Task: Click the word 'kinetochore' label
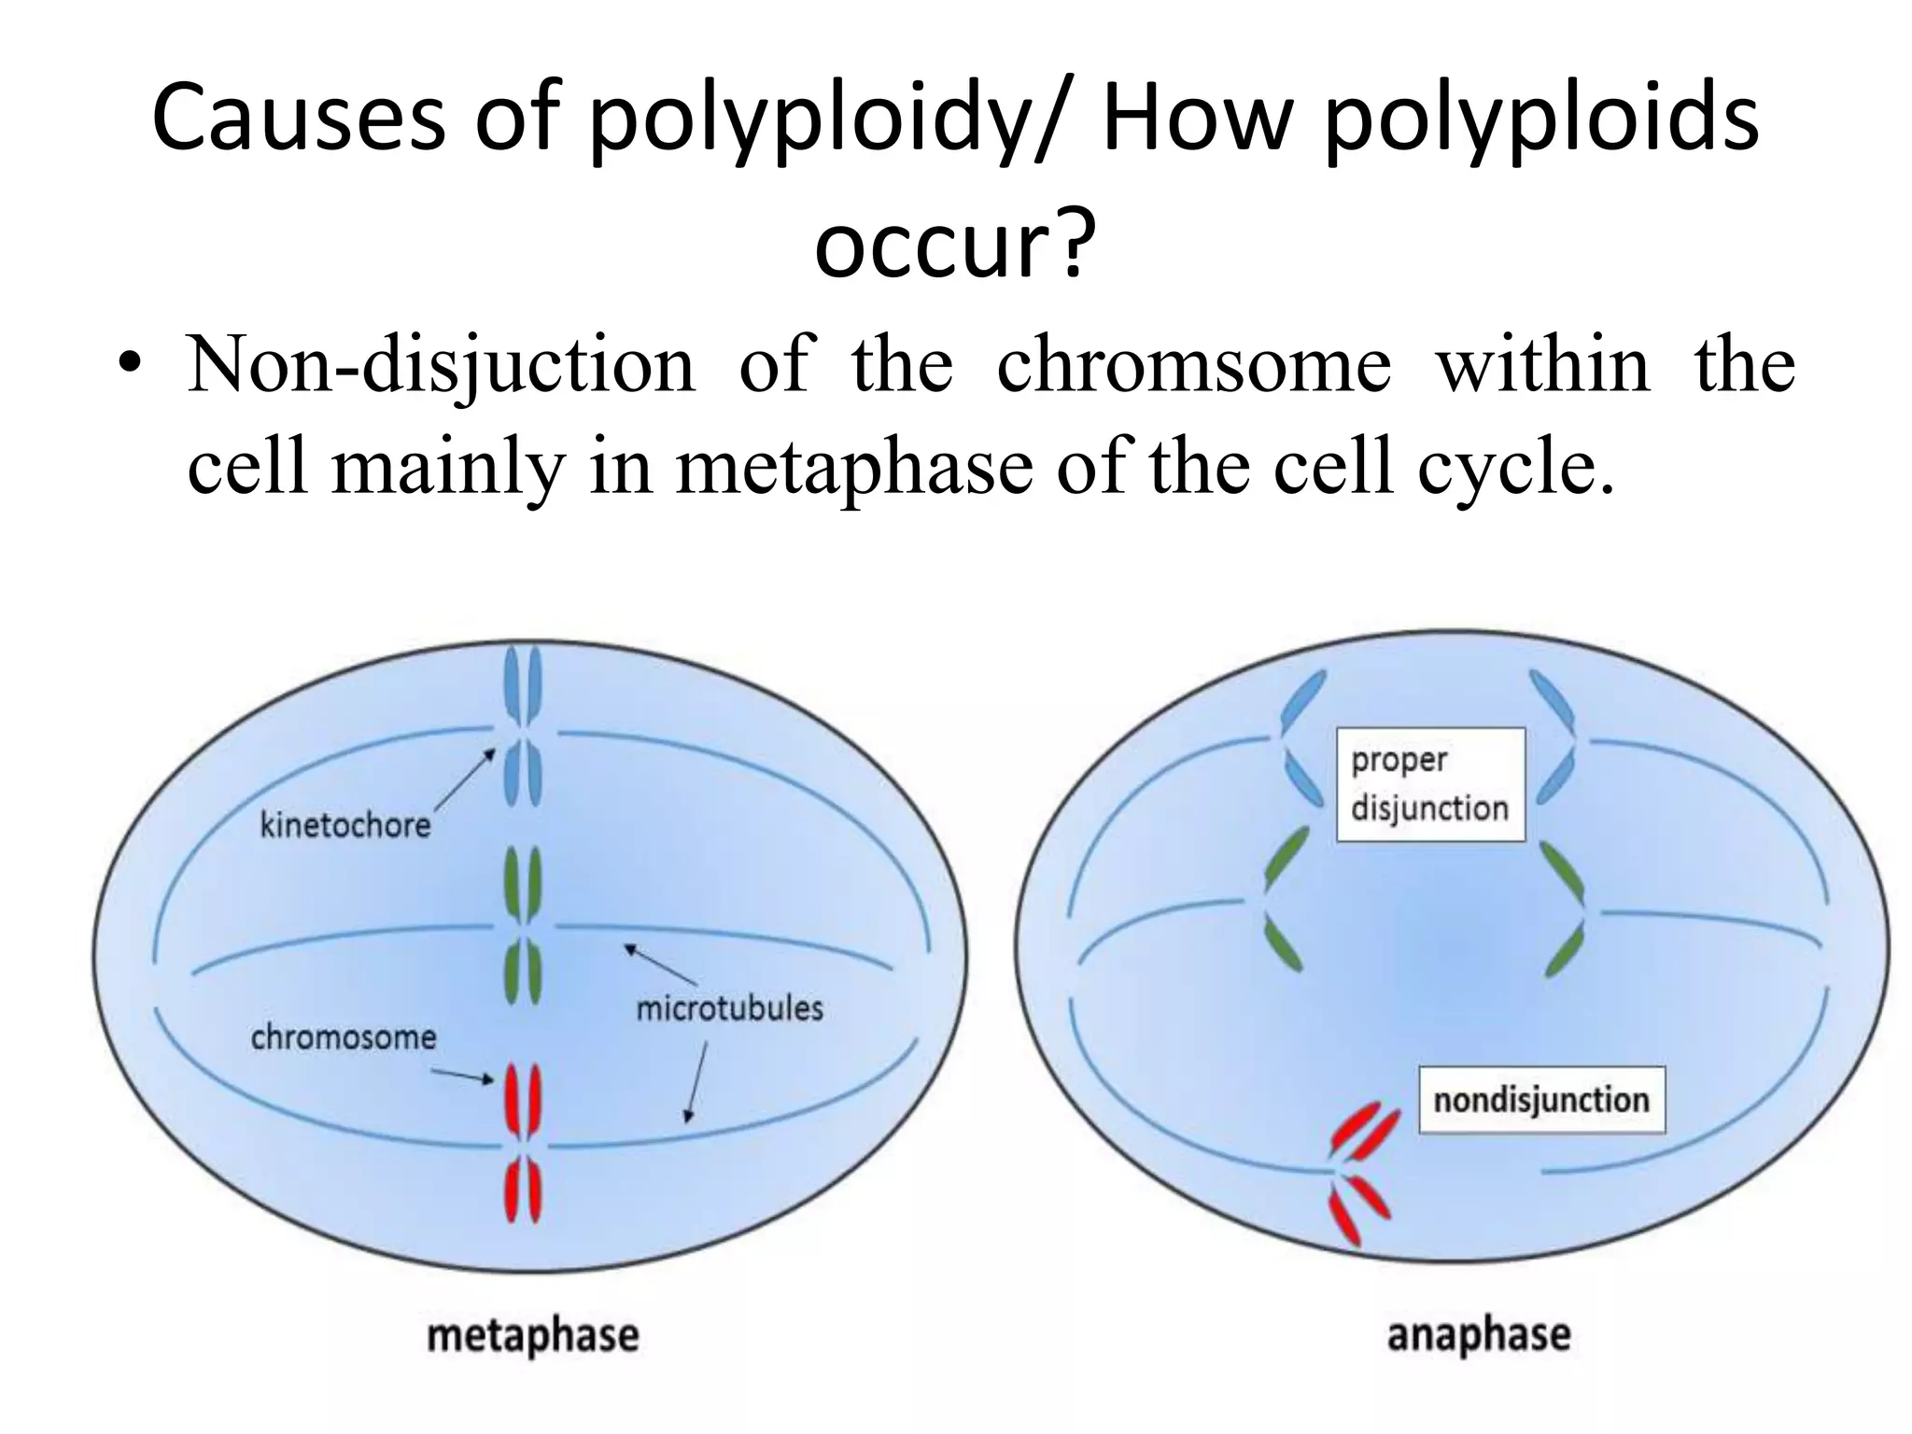click(344, 825)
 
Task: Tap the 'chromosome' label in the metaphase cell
click(343, 1037)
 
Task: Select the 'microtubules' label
click(729, 1008)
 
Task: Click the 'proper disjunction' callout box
click(1429, 784)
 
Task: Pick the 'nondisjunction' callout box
click(1540, 1100)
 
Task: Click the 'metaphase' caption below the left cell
click(533, 1336)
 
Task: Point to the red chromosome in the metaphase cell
click(523, 1143)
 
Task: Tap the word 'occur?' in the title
click(954, 245)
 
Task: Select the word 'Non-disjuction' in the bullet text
click(441, 364)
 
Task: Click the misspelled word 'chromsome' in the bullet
click(1193, 364)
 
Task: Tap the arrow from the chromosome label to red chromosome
click(462, 1077)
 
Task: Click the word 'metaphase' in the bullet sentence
click(853, 467)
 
